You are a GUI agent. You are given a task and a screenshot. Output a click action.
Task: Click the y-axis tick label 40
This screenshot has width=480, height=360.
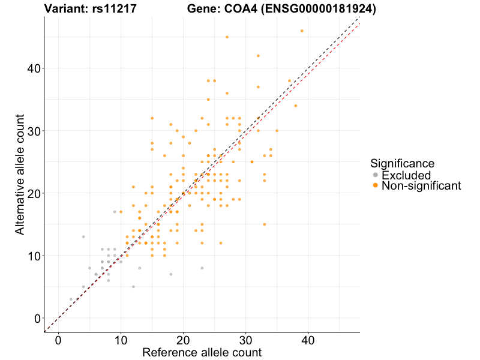click(33, 68)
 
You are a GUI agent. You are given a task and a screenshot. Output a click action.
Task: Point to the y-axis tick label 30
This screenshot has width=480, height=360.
click(33, 131)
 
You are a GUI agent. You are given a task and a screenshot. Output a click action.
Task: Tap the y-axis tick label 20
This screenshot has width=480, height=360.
click(33, 193)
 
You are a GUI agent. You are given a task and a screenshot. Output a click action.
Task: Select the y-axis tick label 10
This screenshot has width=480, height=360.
click(33, 256)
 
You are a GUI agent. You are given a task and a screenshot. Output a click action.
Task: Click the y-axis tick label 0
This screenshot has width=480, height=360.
click(37, 318)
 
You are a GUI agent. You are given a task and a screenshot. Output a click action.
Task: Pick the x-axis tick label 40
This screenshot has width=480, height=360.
click(308, 340)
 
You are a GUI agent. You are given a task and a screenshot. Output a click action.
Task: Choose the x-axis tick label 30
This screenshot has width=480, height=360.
click(245, 340)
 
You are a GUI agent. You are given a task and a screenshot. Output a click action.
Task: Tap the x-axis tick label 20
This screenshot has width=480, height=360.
click(183, 340)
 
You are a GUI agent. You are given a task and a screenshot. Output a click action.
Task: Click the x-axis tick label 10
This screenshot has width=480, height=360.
click(121, 340)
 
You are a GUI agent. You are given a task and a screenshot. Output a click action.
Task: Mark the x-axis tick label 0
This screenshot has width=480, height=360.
click(58, 340)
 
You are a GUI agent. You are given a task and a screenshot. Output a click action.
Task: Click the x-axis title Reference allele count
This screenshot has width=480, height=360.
click(202, 353)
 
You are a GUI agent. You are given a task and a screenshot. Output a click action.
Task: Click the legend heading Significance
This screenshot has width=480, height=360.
click(402, 163)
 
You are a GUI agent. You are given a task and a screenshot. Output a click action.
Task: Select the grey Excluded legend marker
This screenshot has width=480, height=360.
click(376, 175)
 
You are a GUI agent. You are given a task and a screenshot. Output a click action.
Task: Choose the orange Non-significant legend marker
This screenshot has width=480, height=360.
click(376, 186)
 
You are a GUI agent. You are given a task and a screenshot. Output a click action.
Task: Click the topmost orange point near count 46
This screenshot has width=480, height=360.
click(302, 31)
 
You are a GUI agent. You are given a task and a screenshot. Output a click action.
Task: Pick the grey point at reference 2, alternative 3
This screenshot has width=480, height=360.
click(71, 299)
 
